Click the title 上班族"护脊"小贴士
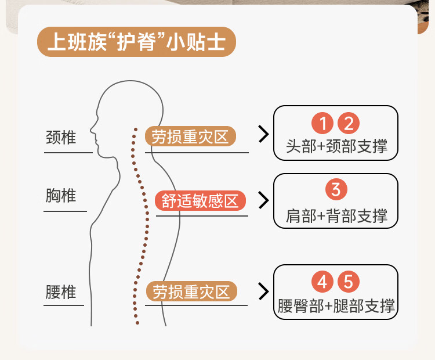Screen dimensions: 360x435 [x=136, y=42]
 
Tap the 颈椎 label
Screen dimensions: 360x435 [x=61, y=138]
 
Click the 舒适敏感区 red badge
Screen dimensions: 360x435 [x=200, y=201]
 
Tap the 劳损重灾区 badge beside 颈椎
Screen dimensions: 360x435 [x=190, y=137]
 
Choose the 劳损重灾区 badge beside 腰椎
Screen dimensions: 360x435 [x=191, y=291]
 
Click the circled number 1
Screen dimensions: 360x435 [x=322, y=123]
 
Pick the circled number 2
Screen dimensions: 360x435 [x=349, y=123]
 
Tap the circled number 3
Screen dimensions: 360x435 [x=336, y=189]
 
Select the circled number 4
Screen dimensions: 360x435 [x=322, y=282]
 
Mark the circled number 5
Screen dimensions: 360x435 [x=349, y=282]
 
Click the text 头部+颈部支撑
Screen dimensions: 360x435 [x=336, y=145]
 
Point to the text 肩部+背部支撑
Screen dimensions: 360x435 [x=336, y=216]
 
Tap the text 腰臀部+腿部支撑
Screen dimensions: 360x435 [x=336, y=305]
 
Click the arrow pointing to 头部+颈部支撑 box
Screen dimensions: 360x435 [x=263, y=135]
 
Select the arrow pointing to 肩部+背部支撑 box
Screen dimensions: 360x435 [x=263, y=200]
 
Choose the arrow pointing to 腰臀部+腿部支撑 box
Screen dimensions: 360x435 [x=263, y=291]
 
